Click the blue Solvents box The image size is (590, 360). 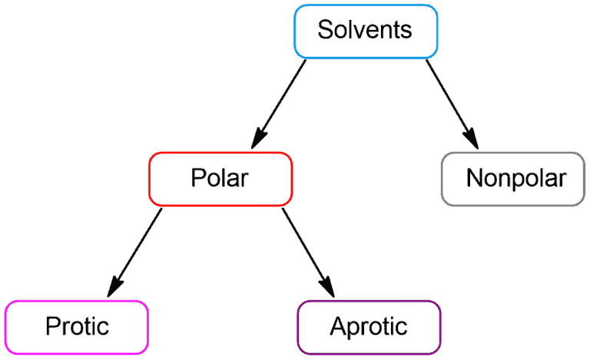point(366,31)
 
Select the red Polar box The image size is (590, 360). point(220,179)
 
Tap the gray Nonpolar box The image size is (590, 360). point(513,179)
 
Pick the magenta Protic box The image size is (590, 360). point(77,327)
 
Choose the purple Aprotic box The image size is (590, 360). point(369,327)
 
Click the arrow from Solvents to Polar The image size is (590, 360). point(278,104)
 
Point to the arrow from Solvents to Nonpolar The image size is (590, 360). point(452,104)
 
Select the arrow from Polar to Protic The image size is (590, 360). point(134,252)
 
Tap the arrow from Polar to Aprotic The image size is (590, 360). point(308,252)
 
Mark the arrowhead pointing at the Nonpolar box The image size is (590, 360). point(472,139)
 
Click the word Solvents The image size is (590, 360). point(365,30)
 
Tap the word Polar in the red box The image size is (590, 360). point(220,177)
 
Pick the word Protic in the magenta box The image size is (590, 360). point(77,325)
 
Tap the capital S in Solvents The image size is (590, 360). point(326,30)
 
